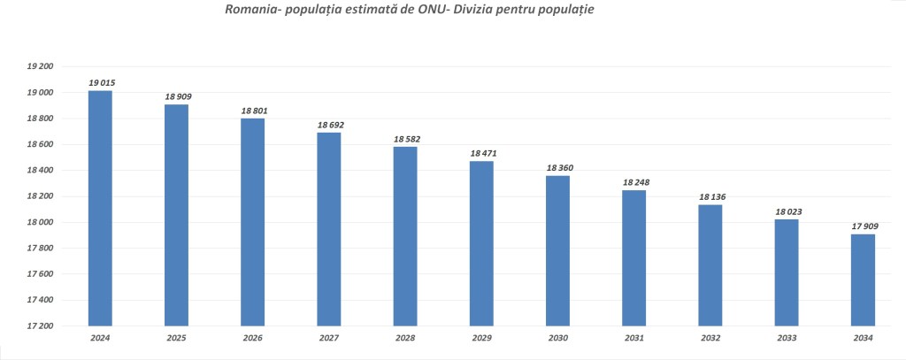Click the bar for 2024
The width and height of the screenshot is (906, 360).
click(x=100, y=208)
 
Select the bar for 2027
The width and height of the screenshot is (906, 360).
click(x=329, y=229)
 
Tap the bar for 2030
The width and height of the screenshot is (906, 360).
click(x=557, y=250)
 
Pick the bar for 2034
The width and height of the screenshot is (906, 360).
click(x=863, y=280)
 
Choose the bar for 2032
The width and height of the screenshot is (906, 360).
click(x=710, y=265)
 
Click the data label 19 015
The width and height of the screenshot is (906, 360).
click(x=102, y=82)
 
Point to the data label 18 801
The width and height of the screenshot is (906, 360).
click(x=254, y=111)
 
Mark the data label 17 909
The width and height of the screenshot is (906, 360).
click(x=864, y=226)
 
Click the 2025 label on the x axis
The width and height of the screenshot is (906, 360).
click(x=177, y=338)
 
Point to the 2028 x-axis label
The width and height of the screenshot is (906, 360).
click(x=405, y=338)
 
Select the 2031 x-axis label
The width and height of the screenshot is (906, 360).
click(x=634, y=338)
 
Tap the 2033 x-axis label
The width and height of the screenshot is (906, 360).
click(x=787, y=338)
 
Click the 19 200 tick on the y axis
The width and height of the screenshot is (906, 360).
click(x=41, y=66)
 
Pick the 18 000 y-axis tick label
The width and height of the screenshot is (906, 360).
click(x=41, y=222)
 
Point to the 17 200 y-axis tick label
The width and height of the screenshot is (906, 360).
click(x=41, y=326)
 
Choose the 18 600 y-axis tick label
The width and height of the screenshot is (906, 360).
click(x=41, y=144)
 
